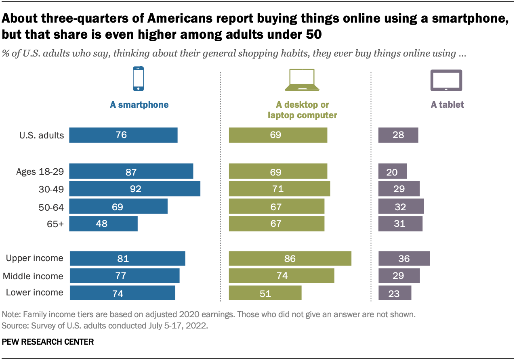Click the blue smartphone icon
(139, 79)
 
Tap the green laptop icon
(302, 80)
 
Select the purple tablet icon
(446, 80)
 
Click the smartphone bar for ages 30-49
(135, 188)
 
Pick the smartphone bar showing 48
(103, 223)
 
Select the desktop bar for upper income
(290, 258)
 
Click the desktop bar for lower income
(265, 293)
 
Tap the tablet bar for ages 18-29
(392, 172)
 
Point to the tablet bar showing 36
(404, 258)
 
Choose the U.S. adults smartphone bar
(123, 135)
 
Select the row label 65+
(55, 224)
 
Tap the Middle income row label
(33, 276)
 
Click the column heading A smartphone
(139, 105)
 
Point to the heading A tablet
(447, 105)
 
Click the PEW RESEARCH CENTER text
(48, 342)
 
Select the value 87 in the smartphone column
(131, 172)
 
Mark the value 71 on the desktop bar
(278, 189)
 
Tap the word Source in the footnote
(13, 325)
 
